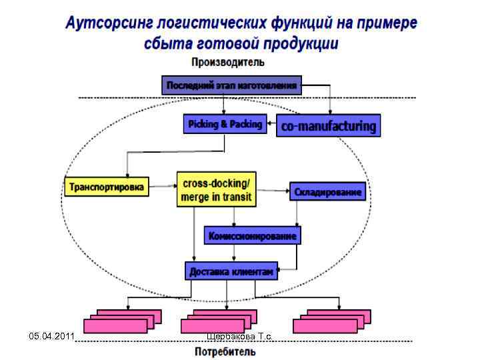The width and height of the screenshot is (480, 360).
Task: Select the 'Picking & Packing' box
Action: [225, 124]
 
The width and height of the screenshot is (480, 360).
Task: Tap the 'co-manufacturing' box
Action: [329, 126]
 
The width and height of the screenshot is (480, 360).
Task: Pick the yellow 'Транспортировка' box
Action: [106, 187]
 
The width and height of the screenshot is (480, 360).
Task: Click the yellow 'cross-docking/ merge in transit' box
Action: [217, 189]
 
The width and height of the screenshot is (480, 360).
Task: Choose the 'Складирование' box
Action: [329, 192]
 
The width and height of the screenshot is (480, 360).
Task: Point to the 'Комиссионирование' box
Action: [252, 235]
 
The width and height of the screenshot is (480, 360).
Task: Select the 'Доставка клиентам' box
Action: [231, 271]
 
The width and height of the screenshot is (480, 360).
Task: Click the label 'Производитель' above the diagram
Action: [228, 63]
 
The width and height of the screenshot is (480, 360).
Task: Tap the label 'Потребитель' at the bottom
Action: [225, 351]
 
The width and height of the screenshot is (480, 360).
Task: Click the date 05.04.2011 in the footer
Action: [51, 336]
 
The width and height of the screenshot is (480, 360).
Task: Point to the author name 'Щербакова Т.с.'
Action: [240, 337]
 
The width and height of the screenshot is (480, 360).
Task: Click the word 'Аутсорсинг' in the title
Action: [109, 23]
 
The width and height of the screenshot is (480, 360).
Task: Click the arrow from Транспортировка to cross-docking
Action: [162, 187]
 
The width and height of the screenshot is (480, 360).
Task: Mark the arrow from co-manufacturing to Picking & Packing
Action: [271, 123]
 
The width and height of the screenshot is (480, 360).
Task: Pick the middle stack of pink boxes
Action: [219, 321]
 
